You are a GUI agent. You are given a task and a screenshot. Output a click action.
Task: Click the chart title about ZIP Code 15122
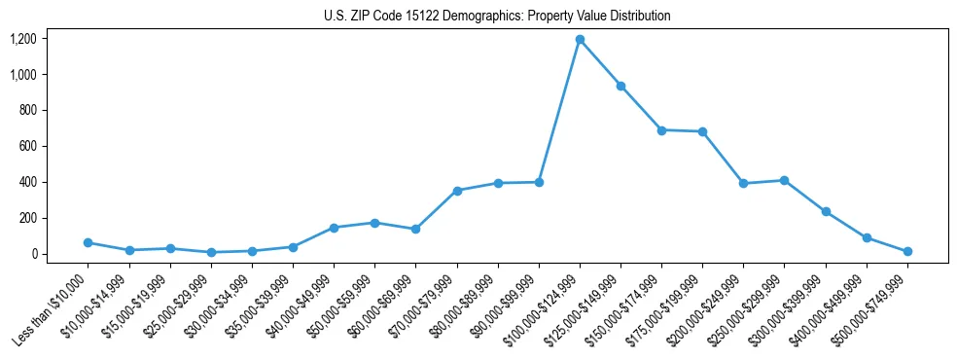click(497, 17)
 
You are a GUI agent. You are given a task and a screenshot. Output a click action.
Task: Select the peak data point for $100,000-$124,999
click(580, 40)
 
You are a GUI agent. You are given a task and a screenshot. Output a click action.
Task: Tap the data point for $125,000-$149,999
click(620, 86)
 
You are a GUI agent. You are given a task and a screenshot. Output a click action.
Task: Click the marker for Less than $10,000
click(89, 242)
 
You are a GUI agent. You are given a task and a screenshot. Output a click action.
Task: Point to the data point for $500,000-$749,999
click(907, 251)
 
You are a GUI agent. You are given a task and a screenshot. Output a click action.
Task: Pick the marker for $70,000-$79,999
click(457, 191)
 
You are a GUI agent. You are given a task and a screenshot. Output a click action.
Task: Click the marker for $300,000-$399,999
click(826, 211)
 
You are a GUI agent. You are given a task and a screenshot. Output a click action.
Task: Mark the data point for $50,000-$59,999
click(374, 223)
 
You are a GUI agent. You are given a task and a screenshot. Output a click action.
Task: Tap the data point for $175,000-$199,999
click(702, 131)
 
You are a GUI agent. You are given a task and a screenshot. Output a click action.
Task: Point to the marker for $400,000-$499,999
click(867, 237)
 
